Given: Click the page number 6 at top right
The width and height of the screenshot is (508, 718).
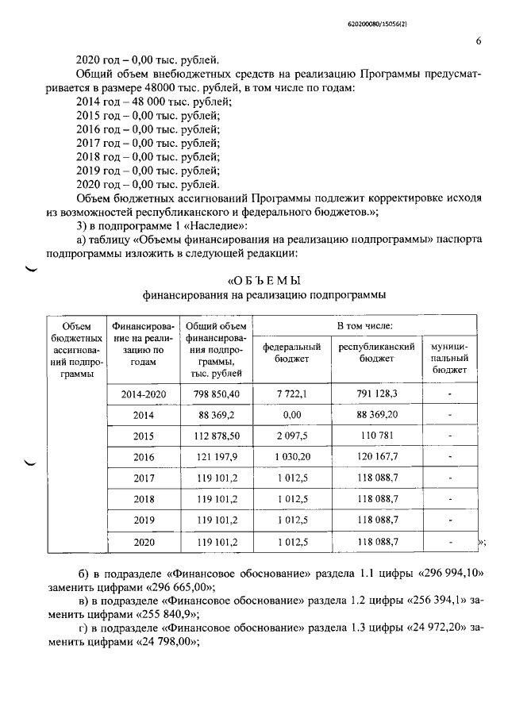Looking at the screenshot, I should (479, 41).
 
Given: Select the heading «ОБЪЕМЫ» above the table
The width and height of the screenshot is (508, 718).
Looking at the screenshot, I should (264, 280).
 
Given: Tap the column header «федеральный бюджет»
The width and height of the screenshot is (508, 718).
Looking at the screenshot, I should (291, 352).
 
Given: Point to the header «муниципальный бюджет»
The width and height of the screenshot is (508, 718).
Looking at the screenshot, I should (450, 358).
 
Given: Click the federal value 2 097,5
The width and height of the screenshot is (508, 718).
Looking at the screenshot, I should (291, 436).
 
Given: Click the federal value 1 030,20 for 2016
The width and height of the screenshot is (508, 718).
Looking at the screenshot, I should (291, 457).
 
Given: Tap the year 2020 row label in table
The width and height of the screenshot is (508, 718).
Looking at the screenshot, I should (143, 543).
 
